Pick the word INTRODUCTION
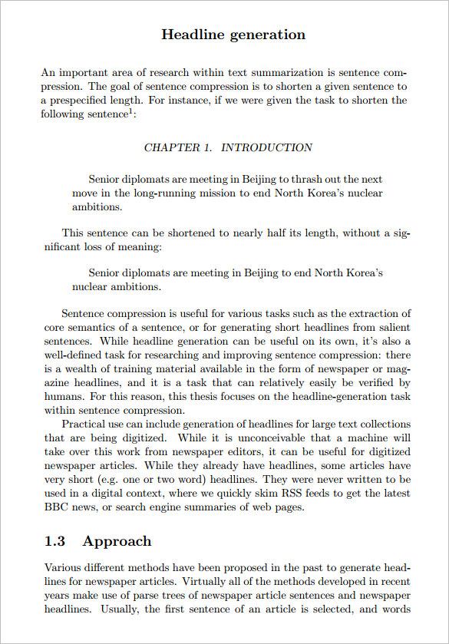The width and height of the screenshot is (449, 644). click(x=266, y=147)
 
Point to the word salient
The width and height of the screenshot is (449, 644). click(x=391, y=327)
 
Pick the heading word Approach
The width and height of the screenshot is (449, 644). click(x=117, y=542)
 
